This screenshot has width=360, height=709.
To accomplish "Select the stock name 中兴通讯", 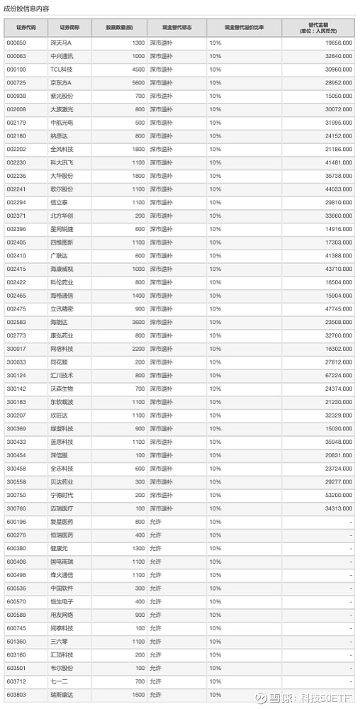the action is click(61, 56).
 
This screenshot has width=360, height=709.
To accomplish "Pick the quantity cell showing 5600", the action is click(137, 82).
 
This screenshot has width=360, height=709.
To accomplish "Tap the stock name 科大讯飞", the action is click(61, 162).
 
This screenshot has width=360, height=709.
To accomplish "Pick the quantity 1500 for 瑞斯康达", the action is click(137, 695).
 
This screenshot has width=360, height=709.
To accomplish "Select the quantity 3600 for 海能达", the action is click(137, 322).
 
